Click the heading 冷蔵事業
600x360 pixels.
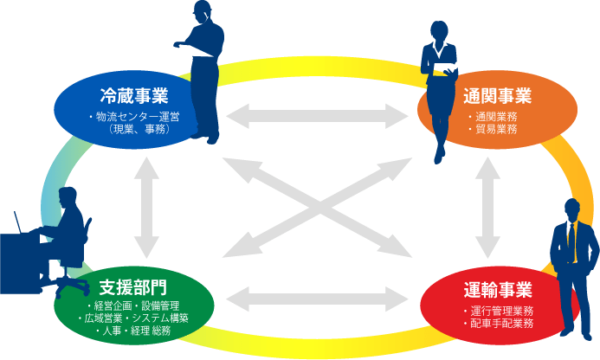pyautogui.click(x=134, y=95)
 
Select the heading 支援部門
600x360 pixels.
pyautogui.click(x=132, y=286)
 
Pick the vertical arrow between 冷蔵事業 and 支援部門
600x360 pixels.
pyautogui.click(x=145, y=207)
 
